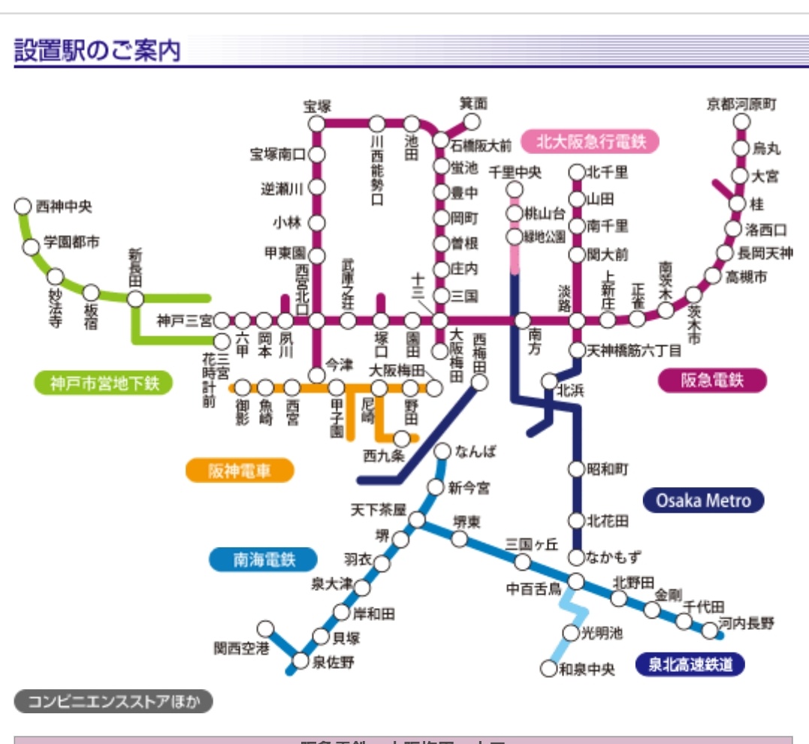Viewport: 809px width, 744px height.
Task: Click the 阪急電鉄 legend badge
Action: tap(712, 380)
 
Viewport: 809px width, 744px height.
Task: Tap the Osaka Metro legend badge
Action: tap(703, 501)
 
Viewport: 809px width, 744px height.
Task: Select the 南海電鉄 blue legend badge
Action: tap(264, 559)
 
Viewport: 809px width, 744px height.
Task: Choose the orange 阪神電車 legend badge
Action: tap(240, 471)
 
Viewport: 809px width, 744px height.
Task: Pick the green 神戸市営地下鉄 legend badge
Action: tap(104, 383)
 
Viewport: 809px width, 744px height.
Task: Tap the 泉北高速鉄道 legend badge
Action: tap(690, 664)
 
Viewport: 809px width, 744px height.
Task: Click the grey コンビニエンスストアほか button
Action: tap(114, 702)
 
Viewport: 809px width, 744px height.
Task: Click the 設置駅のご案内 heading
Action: tap(98, 52)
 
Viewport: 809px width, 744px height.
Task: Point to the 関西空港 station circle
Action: tap(266, 628)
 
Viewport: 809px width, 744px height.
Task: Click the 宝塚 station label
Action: tap(317, 106)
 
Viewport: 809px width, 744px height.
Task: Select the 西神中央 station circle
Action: tap(23, 206)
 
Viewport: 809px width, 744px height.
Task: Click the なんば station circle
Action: tap(443, 451)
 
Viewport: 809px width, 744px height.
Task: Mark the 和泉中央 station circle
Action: tap(550, 668)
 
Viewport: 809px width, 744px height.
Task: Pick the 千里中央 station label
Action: tap(515, 171)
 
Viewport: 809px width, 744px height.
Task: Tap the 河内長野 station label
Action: tap(746, 623)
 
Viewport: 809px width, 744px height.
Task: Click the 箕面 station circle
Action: tap(472, 122)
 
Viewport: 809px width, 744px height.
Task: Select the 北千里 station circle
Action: tap(577, 172)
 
